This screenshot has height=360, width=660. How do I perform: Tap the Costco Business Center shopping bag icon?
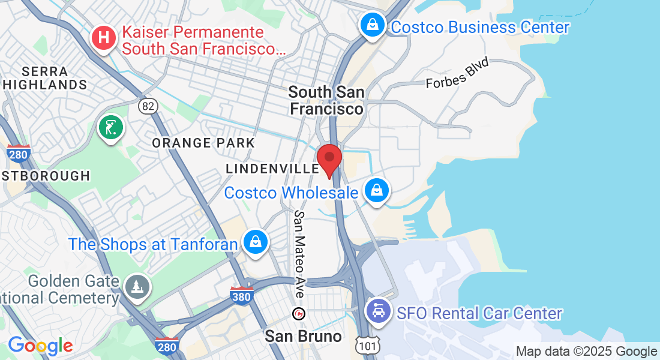tap(373, 25)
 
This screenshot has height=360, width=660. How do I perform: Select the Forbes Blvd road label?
tap(457, 73)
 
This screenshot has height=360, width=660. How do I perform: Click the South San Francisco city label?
tap(326, 100)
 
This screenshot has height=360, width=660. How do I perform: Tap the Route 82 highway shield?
tap(148, 106)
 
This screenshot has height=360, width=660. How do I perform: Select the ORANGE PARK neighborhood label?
tap(203, 143)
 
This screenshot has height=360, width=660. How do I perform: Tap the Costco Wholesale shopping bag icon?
tap(376, 190)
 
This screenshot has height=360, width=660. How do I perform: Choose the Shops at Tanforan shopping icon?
tap(256, 242)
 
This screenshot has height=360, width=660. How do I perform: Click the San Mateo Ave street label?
tap(299, 253)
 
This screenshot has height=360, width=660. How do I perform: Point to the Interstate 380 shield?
tap(241, 295)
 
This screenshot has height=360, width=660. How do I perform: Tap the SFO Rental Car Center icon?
tap(378, 312)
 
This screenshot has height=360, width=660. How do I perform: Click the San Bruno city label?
tap(303, 336)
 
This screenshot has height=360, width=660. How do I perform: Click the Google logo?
tap(40, 346)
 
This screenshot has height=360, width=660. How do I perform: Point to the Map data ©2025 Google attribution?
tap(586, 352)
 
